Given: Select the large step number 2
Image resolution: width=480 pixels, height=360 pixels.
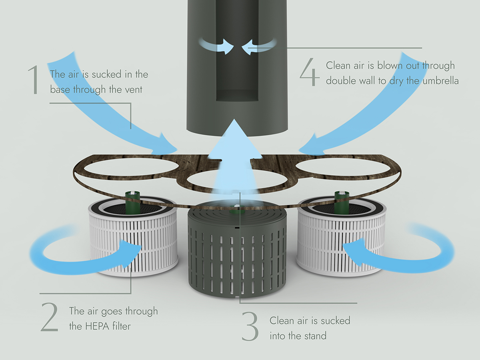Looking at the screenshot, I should [50, 318].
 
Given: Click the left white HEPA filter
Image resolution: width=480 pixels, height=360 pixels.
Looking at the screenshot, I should [133, 240].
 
